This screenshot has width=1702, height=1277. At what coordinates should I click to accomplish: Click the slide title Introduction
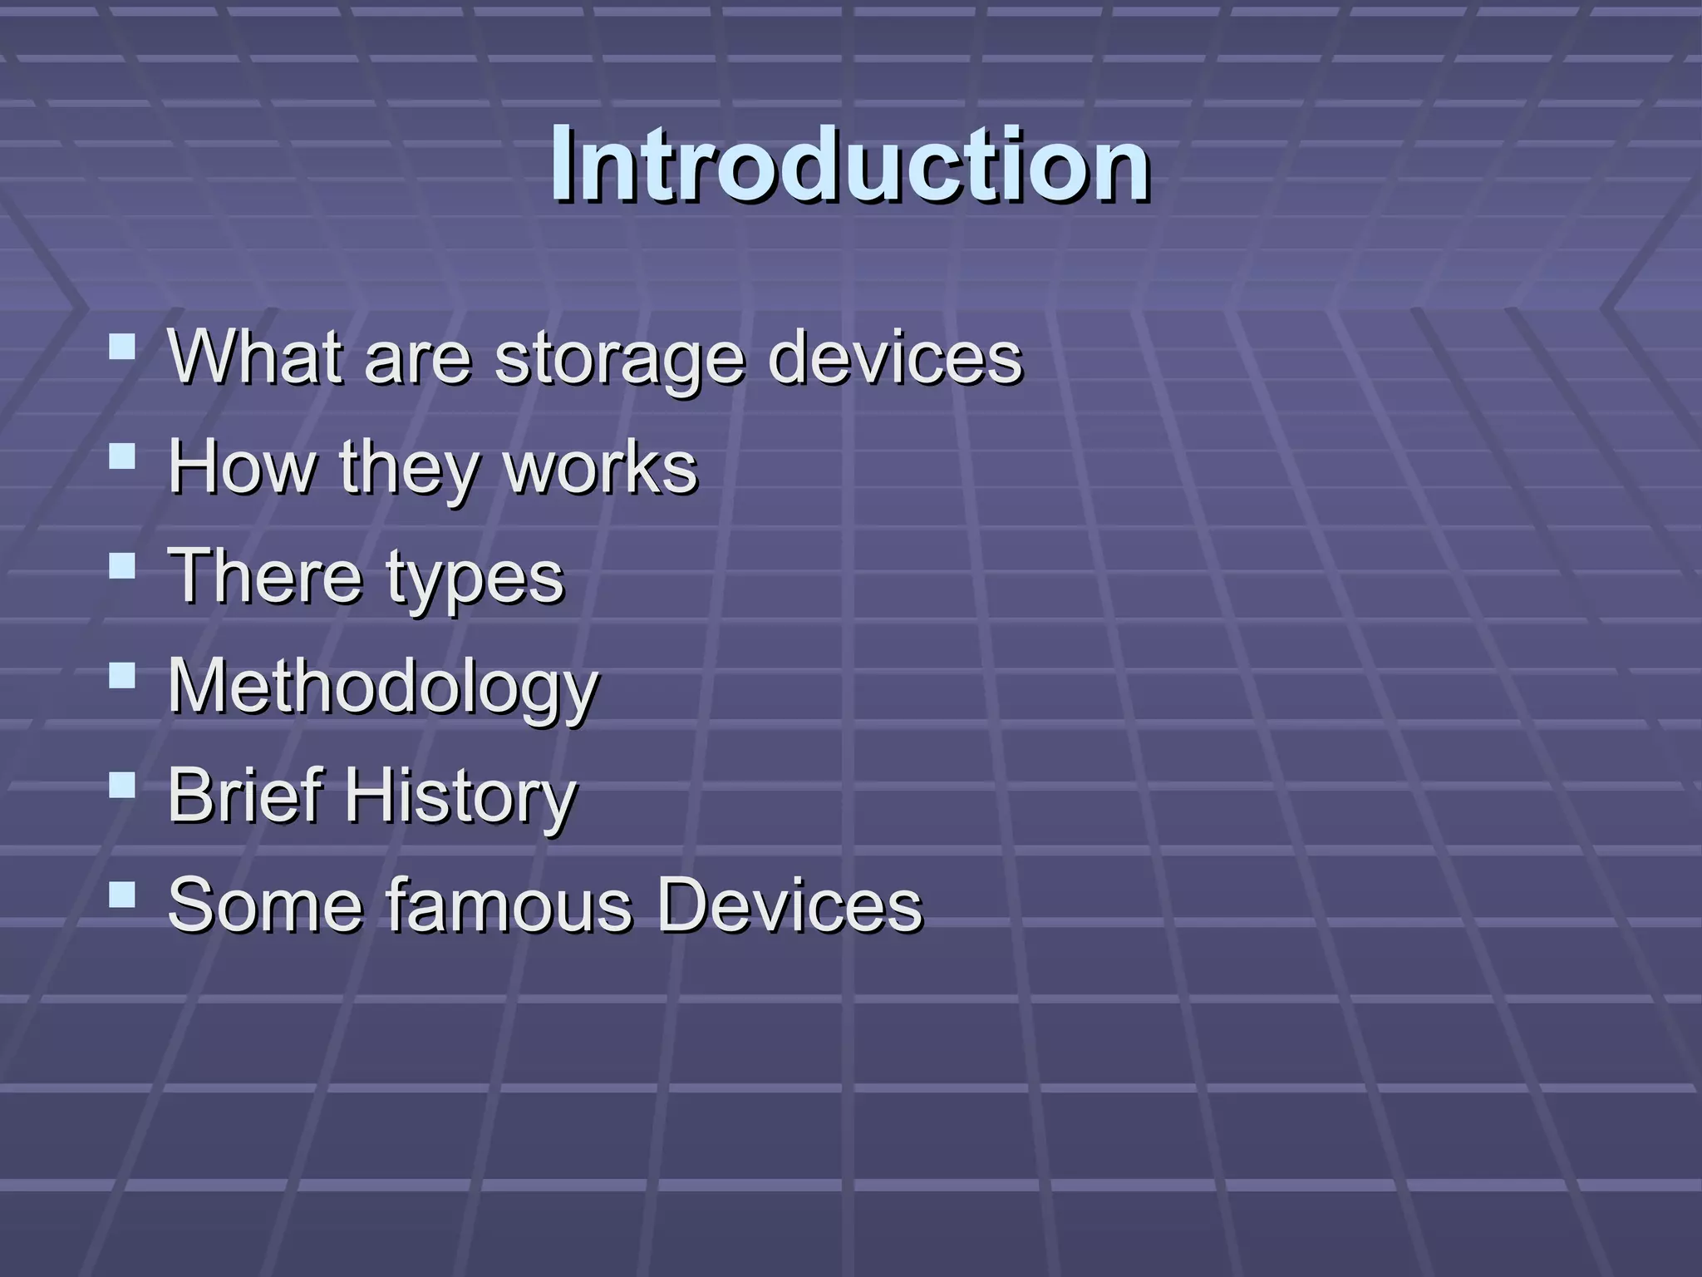pos(849,164)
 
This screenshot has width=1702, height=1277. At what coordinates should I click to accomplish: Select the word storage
pos(619,359)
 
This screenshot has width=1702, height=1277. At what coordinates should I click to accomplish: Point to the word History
pos(460,798)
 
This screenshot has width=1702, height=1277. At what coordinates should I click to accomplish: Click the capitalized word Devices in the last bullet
pos(790,905)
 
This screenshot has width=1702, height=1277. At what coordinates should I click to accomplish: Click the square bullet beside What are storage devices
pos(122,345)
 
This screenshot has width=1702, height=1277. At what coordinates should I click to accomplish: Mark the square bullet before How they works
pos(122,456)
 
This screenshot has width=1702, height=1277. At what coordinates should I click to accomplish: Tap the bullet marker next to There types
pos(122,565)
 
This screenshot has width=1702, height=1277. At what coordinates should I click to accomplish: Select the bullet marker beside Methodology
pos(122,675)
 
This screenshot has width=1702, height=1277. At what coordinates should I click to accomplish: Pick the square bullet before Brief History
pos(122,785)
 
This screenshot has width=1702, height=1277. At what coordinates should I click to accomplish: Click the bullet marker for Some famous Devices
pos(122,895)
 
